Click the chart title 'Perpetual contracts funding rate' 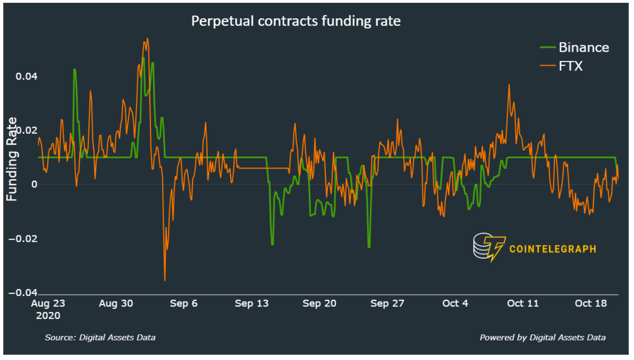click(296, 21)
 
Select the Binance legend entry click(584, 47)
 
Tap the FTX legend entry click(571, 66)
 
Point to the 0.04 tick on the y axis click(27, 76)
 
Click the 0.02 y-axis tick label click(27, 130)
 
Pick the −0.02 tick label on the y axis click(23, 239)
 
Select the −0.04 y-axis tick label click(23, 293)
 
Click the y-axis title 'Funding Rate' click(12, 159)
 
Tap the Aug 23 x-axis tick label click(48, 304)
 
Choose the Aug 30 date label click(116, 304)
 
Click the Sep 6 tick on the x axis click(183, 304)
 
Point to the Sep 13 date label click(252, 304)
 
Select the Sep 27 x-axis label click(387, 304)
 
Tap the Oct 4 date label click(455, 304)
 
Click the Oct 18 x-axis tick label click(591, 304)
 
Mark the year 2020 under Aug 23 click(48, 316)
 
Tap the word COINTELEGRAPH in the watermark click(552, 249)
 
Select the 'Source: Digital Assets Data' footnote click(100, 337)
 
